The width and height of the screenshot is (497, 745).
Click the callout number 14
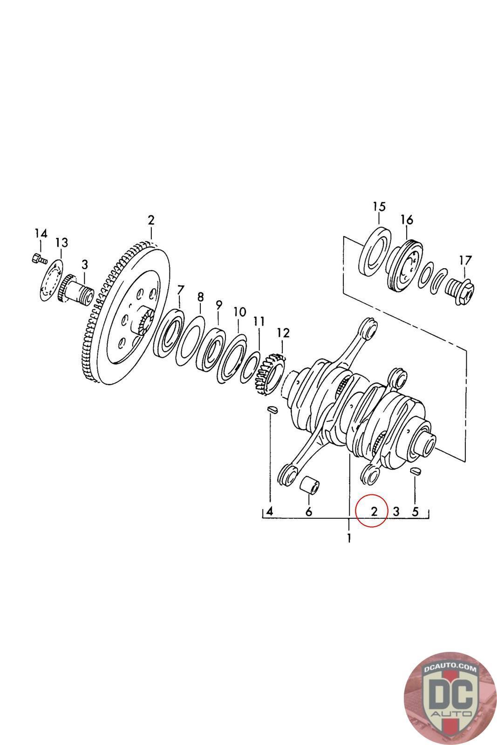coord(41,233)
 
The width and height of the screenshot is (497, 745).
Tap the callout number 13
coord(61,243)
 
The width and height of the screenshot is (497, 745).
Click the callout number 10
coord(239,312)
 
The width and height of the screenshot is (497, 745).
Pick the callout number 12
coord(283,332)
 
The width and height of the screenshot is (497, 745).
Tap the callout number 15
coord(379,206)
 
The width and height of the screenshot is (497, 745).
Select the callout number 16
coord(407,219)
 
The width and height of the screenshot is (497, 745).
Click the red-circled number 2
coord(374,511)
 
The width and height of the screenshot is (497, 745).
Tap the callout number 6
coord(308,512)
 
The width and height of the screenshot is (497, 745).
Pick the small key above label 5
coord(415,471)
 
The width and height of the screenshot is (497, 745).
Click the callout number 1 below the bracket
coord(348,539)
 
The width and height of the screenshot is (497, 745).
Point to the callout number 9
coord(219,305)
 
